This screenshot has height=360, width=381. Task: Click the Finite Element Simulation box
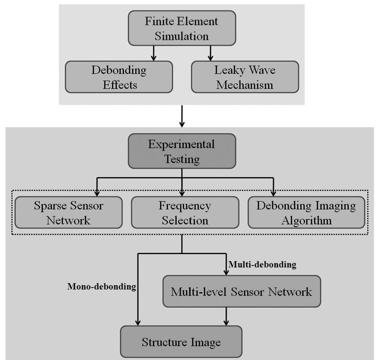coord(182,28)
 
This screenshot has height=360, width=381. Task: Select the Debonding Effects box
coord(119,77)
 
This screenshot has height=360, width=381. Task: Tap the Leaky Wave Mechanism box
coord(245,77)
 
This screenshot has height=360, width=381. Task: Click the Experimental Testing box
coord(182,151)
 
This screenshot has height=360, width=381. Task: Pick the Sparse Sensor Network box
coord(68,212)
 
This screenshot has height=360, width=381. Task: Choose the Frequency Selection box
coord(185,212)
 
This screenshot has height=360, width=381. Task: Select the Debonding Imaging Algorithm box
coord(306,212)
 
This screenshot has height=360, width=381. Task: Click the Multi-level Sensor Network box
coord(242,291)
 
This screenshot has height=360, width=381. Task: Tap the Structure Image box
coord(181,342)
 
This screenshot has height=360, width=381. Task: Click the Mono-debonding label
coord(101,287)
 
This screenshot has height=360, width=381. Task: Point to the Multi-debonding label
coord(262,265)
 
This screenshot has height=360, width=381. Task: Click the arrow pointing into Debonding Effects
coord(153,53)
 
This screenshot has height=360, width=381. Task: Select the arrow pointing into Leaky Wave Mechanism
coord(210,53)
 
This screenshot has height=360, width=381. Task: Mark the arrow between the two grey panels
coord(182,116)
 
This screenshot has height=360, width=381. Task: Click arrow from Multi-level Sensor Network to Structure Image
coord(226,316)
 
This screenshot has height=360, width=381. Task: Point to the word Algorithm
coord(307,220)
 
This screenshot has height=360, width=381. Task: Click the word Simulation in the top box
coord(182,36)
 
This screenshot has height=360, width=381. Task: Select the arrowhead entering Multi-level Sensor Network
coord(226,272)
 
